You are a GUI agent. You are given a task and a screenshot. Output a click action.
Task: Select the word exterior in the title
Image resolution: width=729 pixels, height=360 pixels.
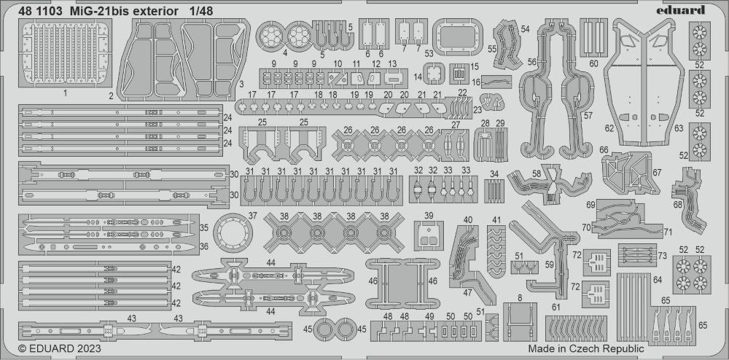[145, 10]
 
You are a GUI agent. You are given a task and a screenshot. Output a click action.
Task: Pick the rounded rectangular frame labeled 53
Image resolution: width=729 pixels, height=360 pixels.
[458, 34]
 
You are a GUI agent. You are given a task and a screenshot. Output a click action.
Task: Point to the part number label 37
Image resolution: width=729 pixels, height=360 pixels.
[252, 216]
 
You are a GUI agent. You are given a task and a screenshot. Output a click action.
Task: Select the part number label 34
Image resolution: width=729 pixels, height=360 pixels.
[494, 173]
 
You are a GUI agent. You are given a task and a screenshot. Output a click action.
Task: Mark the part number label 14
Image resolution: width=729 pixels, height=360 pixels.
[418, 76]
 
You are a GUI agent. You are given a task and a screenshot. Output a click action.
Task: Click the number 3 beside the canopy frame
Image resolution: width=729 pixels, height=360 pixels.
[240, 85]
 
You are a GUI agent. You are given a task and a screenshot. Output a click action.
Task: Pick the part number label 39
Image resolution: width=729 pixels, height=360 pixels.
[429, 216]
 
